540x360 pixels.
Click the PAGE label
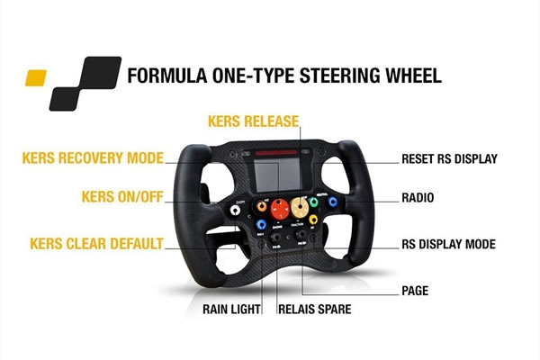pyautogui.click(x=415, y=291)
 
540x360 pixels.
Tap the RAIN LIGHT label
pyautogui.click(x=231, y=308)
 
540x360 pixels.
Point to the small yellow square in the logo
pyautogui.click(x=37, y=75)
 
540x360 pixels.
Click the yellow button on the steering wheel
pyautogui.click(x=312, y=219)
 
